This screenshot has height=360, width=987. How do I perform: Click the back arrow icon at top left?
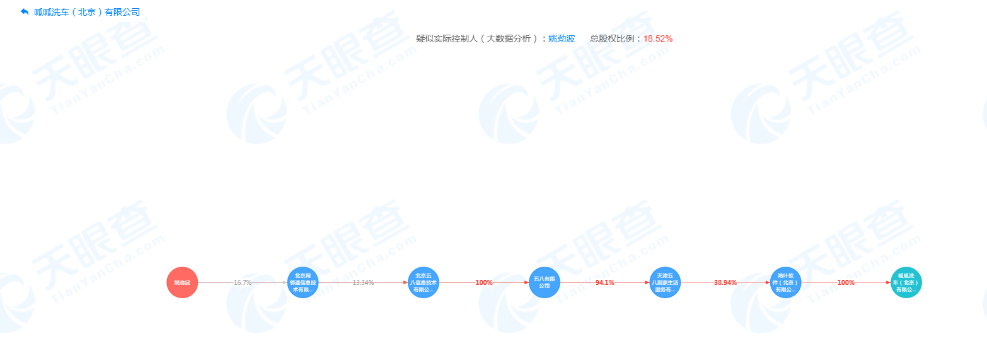[25, 12]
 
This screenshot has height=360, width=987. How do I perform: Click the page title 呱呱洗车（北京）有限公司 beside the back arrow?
[87, 12]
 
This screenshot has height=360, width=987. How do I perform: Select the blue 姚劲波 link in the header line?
[562, 38]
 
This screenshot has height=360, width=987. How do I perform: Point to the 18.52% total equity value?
[657, 38]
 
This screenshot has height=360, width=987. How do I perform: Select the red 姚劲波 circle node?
[182, 282]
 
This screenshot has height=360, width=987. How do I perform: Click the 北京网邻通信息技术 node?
[303, 282]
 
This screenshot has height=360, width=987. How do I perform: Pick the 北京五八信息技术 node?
[424, 282]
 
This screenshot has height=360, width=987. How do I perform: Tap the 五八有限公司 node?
[545, 282]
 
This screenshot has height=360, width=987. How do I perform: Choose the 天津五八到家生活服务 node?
[665, 282]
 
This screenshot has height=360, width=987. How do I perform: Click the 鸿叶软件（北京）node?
[786, 282]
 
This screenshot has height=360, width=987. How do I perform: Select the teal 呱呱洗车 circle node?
[906, 282]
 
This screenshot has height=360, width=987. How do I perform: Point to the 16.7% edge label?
[243, 282]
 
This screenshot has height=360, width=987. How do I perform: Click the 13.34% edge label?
[363, 282]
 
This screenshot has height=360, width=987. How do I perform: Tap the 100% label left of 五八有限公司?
[484, 282]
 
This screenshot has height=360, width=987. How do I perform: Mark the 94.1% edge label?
[605, 282]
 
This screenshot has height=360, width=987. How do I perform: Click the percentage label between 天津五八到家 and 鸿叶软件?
[725, 282]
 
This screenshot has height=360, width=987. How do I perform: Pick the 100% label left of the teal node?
[846, 282]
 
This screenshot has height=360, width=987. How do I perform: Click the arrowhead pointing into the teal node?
[888, 282]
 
